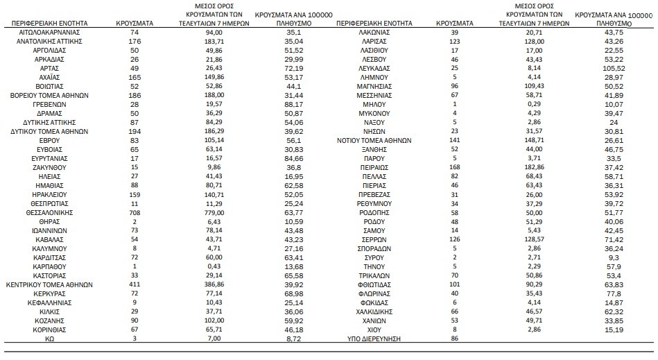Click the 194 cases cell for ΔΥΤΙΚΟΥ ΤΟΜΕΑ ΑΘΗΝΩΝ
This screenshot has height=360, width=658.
pyautogui.click(x=134, y=130)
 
